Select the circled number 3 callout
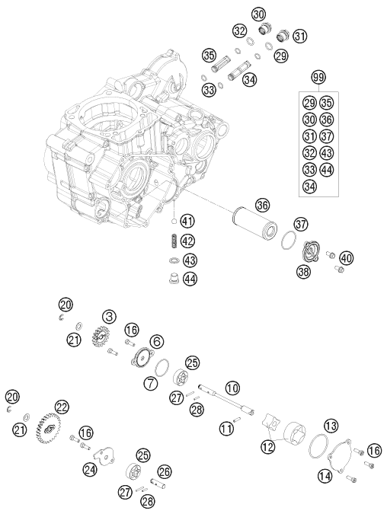[x=110, y=314]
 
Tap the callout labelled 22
[x=62, y=407]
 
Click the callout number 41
[x=187, y=222]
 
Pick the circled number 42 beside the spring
[x=187, y=241]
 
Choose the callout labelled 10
[x=232, y=387]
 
